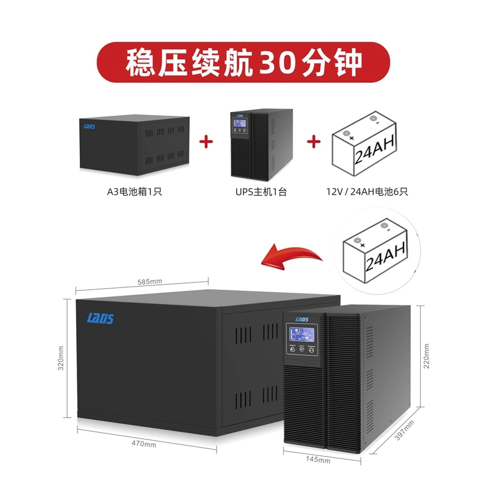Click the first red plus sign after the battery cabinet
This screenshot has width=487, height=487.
(207, 141)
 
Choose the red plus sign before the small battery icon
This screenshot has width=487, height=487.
(314, 141)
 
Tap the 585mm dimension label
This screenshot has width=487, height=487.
(150, 282)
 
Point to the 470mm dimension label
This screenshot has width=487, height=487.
(144, 444)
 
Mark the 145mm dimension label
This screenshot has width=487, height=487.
(318, 461)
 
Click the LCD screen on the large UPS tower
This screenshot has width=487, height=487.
(303, 337)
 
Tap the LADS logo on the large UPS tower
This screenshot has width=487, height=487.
(303, 318)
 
